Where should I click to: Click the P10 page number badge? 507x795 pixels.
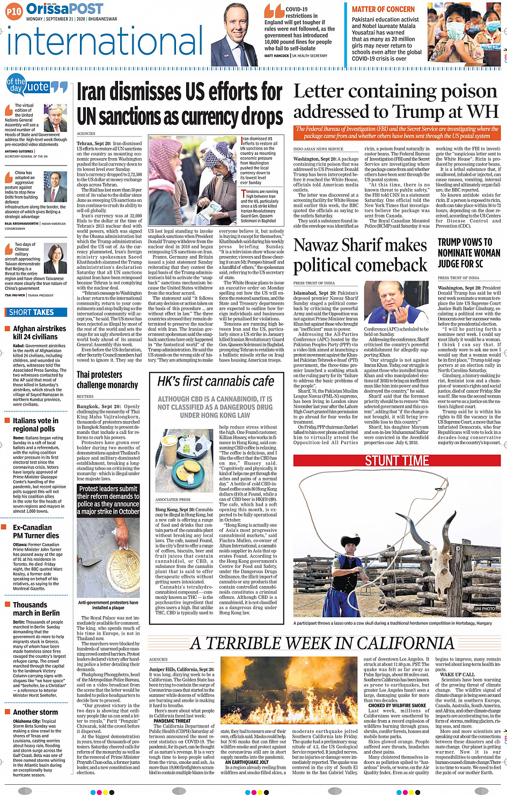pyautogui.click(x=14, y=11)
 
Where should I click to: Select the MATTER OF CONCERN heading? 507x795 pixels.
pyautogui.click(x=383, y=9)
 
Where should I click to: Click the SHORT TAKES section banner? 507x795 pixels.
pyautogui.click(x=32, y=312)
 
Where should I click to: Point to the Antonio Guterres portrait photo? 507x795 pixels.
pyautogui.click(x=55, y=118)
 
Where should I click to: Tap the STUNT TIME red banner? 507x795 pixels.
pyautogui.click(x=396, y=461)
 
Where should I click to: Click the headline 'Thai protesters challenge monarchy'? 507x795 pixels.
pyautogui.click(x=107, y=380)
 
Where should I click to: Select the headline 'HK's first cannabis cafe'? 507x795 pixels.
pyautogui.click(x=216, y=381)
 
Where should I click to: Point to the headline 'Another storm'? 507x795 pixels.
pyautogui.click(x=35, y=712)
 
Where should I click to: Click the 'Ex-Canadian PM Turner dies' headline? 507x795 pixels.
pyautogui.click(x=36, y=531)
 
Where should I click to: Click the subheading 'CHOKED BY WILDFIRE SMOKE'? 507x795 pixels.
pyautogui.click(x=397, y=706)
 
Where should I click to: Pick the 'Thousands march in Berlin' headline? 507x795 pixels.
pyautogui.click(x=36, y=609)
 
